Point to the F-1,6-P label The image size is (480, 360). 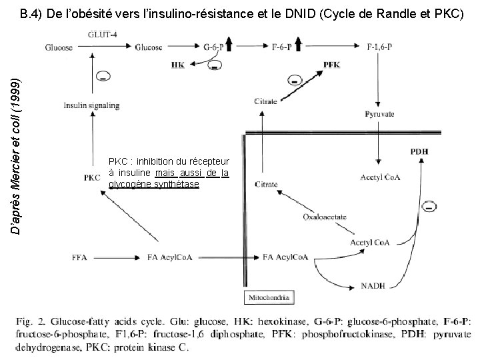click(x=381, y=47)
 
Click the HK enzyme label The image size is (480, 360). click(x=178, y=65)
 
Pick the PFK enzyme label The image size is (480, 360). click(x=331, y=64)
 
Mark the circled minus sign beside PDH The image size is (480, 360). click(x=430, y=207)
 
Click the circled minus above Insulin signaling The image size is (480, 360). click(x=104, y=78)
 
